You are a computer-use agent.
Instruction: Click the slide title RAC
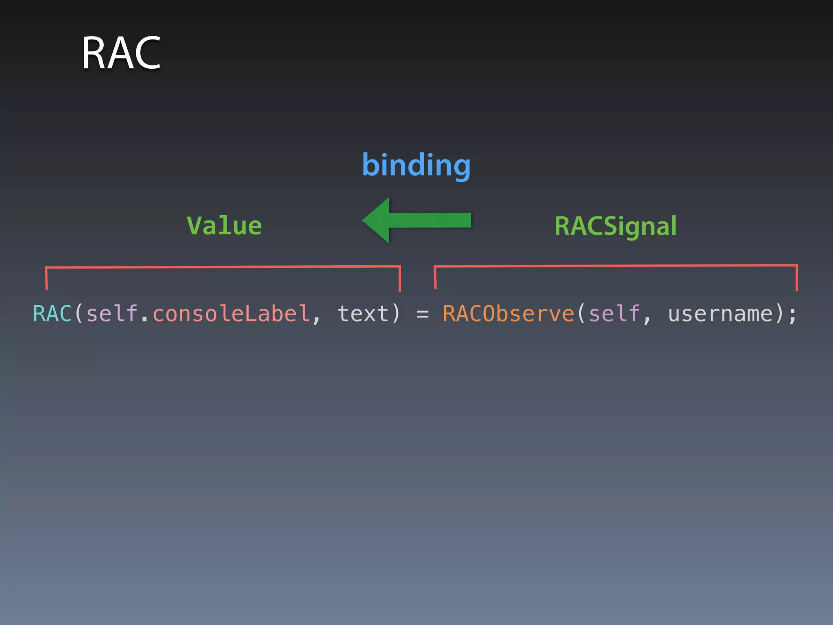pyautogui.click(x=121, y=53)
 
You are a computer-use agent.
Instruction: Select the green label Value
pyautogui.click(x=224, y=226)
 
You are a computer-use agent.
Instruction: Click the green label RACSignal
pyautogui.click(x=615, y=226)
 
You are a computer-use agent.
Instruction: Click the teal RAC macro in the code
pyautogui.click(x=52, y=314)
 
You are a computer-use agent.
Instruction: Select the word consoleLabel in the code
pyautogui.click(x=231, y=314)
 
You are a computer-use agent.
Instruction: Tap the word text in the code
pyautogui.click(x=363, y=314)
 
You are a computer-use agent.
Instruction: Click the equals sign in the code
pyautogui.click(x=423, y=314)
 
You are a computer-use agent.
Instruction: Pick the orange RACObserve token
pyautogui.click(x=508, y=314)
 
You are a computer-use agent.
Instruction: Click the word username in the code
pyautogui.click(x=720, y=314)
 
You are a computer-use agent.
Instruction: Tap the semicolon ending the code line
pyautogui.click(x=792, y=315)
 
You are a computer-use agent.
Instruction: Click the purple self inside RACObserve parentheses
pyautogui.click(x=614, y=314)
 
